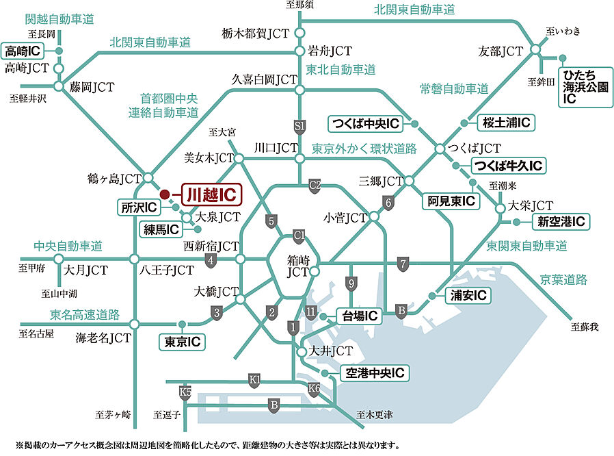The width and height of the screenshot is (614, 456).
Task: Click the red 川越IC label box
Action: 211,194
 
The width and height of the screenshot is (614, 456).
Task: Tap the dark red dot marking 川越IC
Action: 164,194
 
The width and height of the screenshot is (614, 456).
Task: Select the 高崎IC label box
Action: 23,51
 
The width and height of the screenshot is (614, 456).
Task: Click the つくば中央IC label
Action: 365,123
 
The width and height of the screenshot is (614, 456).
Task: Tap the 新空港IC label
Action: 561,221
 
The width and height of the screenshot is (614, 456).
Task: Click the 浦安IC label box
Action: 468,295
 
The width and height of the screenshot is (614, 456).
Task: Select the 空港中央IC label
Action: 375,373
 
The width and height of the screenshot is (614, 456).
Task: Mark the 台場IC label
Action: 358,316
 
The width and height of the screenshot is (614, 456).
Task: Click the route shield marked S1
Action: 299,126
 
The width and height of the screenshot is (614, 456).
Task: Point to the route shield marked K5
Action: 185,392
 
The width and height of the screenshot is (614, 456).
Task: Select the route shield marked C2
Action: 315,184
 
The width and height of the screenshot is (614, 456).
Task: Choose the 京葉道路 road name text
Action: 563,279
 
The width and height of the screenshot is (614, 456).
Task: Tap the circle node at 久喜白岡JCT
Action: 299,90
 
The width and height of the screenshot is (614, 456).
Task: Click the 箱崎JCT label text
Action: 299,266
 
